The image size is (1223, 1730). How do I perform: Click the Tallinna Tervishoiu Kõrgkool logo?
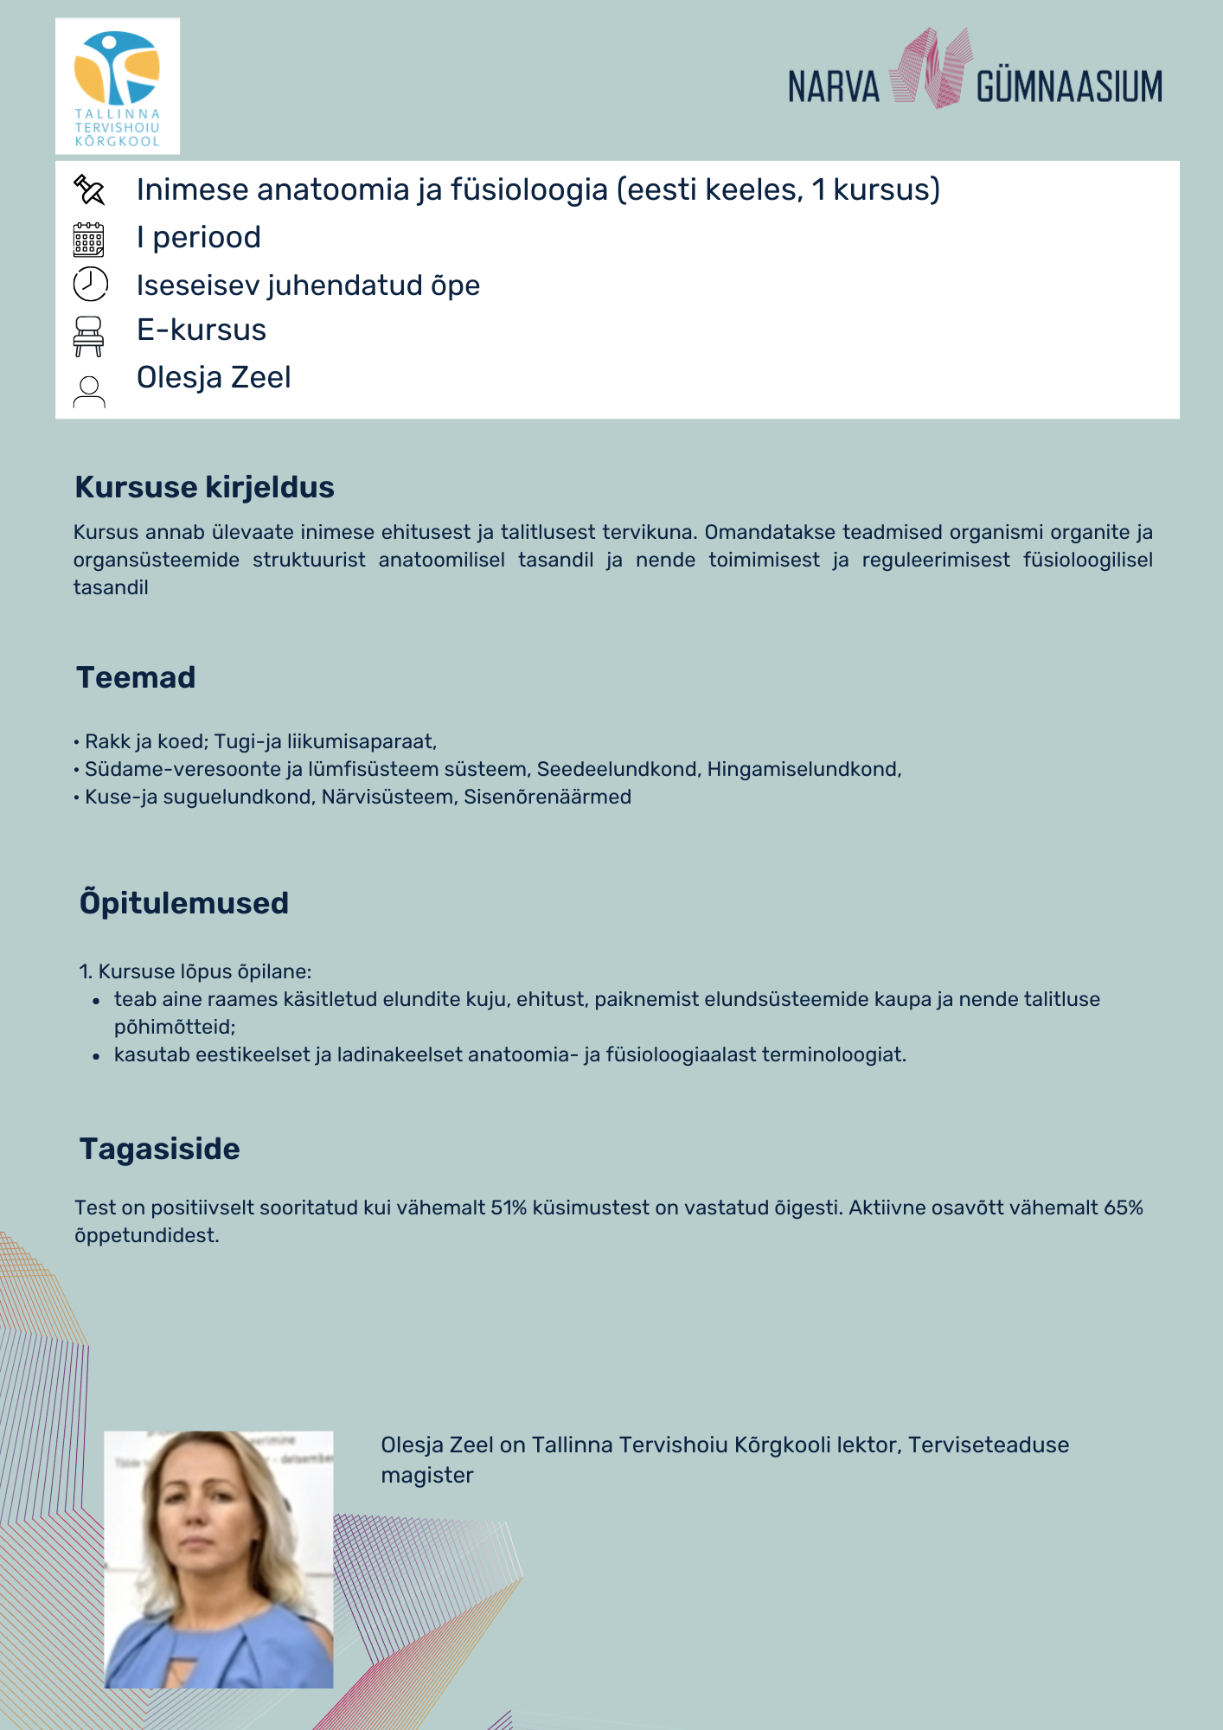[x=118, y=86]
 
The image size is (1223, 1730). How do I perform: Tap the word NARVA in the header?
[x=833, y=87]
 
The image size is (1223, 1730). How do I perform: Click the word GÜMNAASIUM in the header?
[x=1069, y=87]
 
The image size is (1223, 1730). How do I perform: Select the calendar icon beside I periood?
[x=89, y=240]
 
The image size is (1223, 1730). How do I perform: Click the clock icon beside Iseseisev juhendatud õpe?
[x=90, y=284]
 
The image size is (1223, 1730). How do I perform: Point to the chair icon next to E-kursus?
[x=88, y=336]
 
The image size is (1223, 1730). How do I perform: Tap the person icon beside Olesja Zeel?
[x=89, y=391]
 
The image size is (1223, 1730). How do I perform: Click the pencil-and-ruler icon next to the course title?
[x=89, y=189]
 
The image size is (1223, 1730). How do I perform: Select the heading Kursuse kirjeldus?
[x=204, y=487]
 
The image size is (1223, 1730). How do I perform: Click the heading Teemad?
[x=136, y=677]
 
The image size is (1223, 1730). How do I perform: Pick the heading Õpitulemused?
[x=184, y=903]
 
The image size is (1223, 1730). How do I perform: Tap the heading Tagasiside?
[x=160, y=1149]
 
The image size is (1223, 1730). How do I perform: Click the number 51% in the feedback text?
[x=509, y=1208]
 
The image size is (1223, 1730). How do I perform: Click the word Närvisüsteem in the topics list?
[x=387, y=797]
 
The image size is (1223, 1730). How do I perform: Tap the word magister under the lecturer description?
[x=427, y=1475]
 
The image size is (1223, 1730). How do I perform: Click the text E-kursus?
[x=202, y=330]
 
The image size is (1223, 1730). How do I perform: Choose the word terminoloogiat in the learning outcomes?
[x=837, y=1054]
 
